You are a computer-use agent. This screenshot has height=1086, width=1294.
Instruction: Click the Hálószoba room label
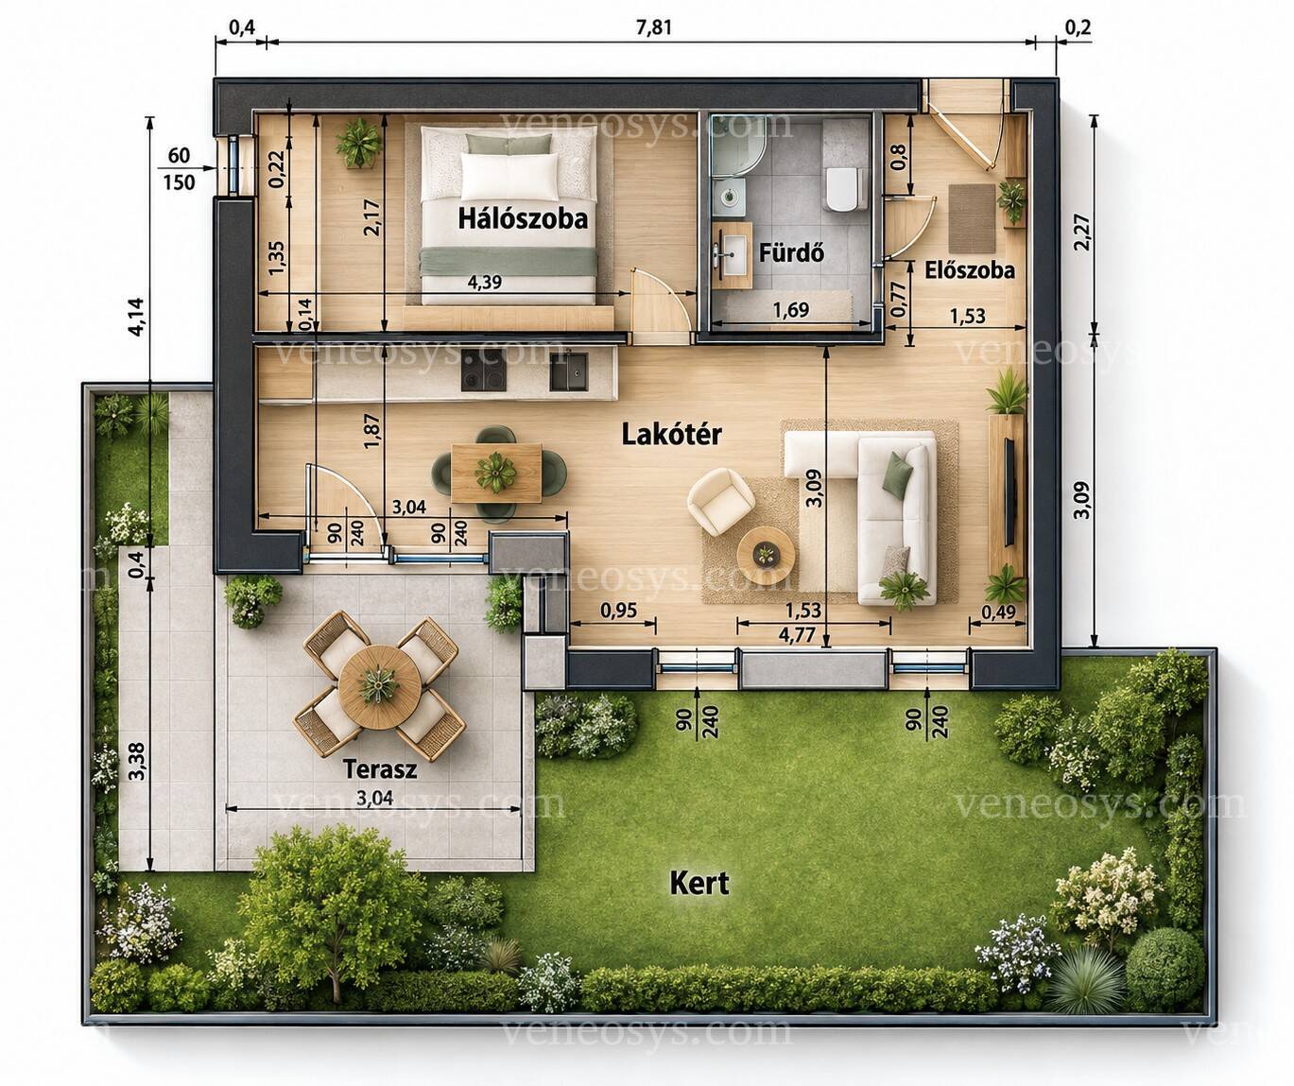(x=523, y=219)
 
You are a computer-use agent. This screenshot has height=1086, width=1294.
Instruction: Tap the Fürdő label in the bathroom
(x=792, y=253)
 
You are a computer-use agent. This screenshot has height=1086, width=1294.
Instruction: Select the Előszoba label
(x=970, y=270)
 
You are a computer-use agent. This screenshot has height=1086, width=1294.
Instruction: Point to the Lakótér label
(x=672, y=435)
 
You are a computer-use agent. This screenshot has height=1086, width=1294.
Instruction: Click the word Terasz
(x=380, y=769)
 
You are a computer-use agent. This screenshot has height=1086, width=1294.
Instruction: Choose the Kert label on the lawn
(x=699, y=883)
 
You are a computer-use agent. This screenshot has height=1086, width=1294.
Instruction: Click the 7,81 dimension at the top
(x=654, y=27)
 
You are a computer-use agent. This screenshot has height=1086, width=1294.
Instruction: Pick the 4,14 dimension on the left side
(x=136, y=318)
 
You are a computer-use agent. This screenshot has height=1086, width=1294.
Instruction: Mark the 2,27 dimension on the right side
(x=1081, y=232)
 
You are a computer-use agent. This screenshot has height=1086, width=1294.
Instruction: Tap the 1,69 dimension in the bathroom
(x=791, y=309)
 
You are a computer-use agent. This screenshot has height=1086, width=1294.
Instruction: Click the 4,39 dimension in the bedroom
(x=485, y=283)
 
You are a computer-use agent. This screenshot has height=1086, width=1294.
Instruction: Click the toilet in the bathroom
(x=845, y=188)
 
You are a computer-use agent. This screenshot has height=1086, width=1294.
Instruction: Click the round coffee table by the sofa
(x=767, y=554)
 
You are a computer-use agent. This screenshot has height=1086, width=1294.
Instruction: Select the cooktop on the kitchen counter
(x=483, y=371)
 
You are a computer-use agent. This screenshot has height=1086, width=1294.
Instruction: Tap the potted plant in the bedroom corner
(x=358, y=143)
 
